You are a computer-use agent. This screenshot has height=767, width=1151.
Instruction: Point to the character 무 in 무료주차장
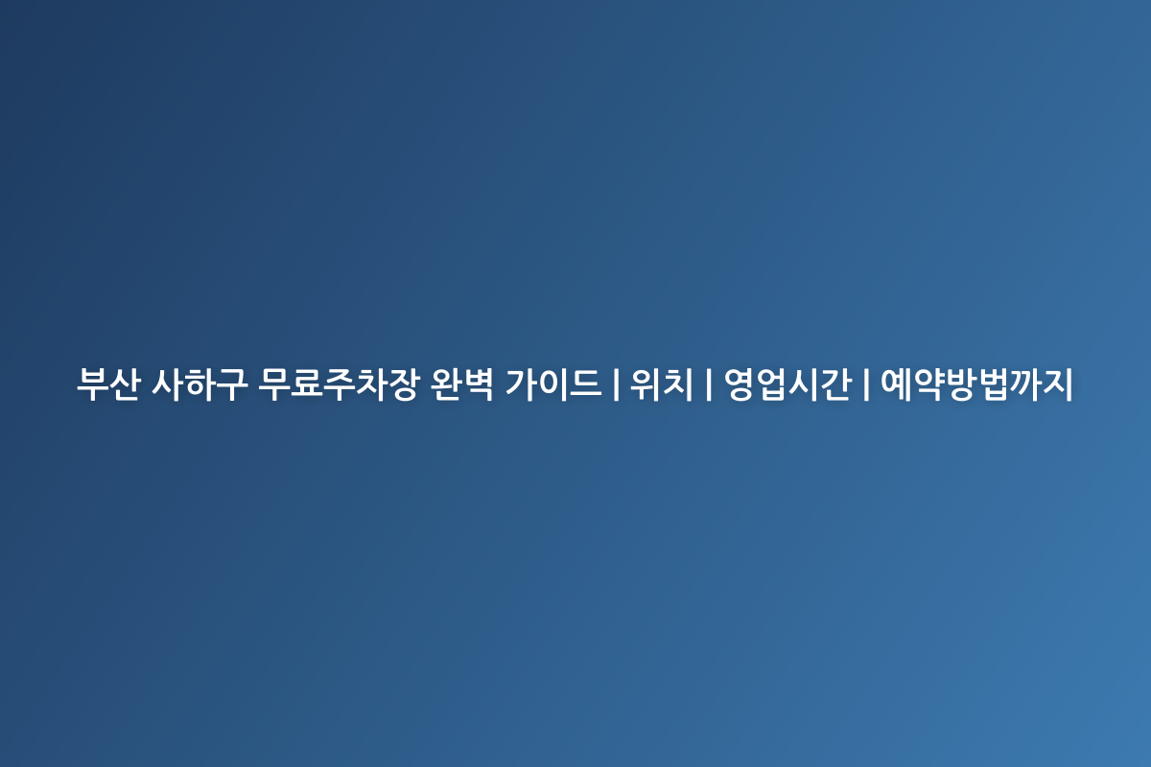[275, 384]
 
